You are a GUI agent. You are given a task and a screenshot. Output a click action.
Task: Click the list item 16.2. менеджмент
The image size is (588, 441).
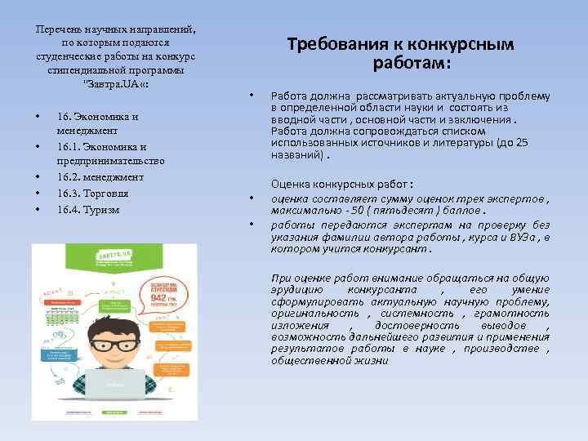tap(100, 176)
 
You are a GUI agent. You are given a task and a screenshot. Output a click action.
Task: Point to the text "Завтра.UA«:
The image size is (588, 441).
tap(115, 84)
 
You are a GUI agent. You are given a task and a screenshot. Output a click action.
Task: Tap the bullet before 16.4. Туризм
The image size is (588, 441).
tap(38, 210)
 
